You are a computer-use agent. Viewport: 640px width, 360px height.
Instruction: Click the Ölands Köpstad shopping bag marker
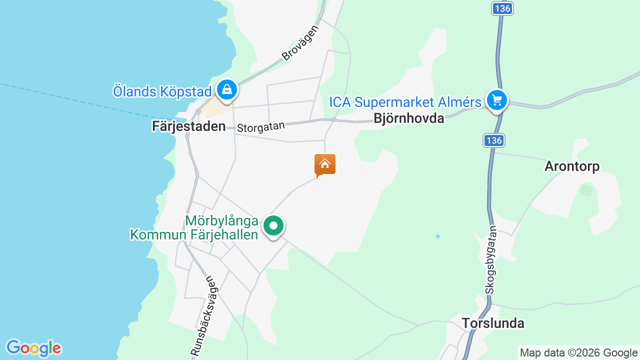[227, 90]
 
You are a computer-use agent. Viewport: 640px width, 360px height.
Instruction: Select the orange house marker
[325, 164]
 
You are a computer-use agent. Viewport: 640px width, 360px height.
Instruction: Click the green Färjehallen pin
[273, 226]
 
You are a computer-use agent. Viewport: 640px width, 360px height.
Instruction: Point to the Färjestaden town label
[189, 126]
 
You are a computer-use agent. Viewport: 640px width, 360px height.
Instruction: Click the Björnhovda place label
[409, 118]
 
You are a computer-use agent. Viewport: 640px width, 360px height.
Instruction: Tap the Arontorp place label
[572, 166]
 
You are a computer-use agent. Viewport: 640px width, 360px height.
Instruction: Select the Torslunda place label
[493, 323]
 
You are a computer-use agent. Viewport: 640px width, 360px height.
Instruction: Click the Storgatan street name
[260, 127]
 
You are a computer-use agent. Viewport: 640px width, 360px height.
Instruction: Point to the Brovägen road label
[300, 42]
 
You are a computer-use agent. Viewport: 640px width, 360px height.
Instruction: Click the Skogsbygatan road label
[491, 259]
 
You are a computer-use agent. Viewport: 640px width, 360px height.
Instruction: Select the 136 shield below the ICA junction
[493, 140]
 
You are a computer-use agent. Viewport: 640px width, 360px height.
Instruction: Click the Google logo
[33, 348]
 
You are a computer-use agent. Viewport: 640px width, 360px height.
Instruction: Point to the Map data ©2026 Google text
[578, 353]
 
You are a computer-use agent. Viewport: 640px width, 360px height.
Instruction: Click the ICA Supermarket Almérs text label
[405, 102]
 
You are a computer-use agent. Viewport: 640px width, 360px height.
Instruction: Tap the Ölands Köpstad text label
[162, 91]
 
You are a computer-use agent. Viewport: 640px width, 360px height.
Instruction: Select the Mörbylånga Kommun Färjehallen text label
[194, 227]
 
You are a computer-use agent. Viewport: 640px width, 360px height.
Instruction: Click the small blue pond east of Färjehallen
[438, 236]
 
